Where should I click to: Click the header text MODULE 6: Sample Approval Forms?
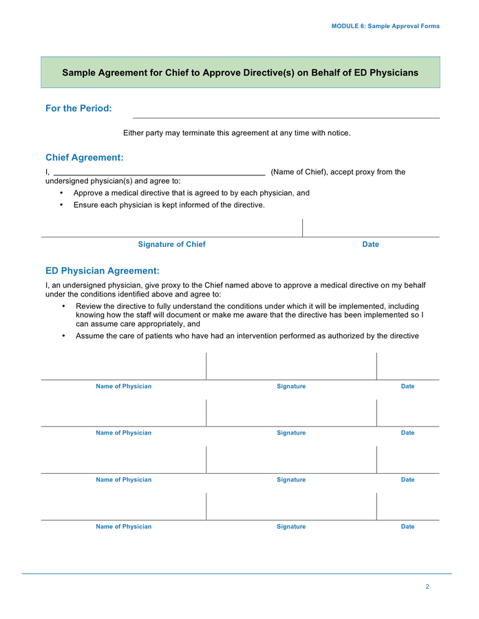385,26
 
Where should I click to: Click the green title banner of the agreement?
240,72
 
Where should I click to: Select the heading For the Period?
78,109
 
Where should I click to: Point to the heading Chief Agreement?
84,158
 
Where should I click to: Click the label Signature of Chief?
171,244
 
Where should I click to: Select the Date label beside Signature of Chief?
370,244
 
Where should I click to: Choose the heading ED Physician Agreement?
102,271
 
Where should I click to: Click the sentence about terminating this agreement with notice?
237,133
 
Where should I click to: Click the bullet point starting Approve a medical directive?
191,193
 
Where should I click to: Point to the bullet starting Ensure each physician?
169,205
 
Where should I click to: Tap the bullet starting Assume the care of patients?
247,336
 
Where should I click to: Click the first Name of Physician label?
123,387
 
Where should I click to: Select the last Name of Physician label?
123,527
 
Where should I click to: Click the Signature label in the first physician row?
291,387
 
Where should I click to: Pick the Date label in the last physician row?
407,527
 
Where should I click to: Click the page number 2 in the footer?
427,587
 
